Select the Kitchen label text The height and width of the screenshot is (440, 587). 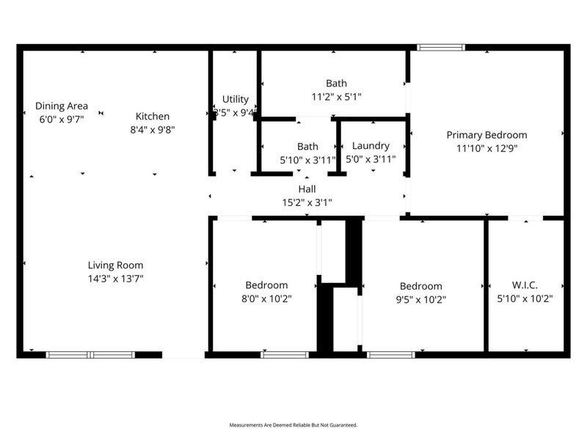coord(153,116)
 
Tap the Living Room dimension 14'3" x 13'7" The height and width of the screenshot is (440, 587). coord(115,279)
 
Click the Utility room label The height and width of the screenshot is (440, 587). coord(236,99)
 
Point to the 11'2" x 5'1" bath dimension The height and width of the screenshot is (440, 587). coord(337,96)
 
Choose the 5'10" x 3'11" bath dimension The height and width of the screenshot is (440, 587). coord(307,159)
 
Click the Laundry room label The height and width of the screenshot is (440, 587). coord(371,146)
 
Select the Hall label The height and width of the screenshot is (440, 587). coord(307,188)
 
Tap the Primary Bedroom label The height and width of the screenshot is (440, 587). coord(487,134)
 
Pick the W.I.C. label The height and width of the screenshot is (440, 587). coord(525,285)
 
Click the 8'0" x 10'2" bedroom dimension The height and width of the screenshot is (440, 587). coord(266,298)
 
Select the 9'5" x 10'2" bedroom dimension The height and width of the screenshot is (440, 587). coord(420,299)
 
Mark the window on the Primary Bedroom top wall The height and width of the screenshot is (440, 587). coord(441,48)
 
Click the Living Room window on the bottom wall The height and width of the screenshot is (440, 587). coord(90,355)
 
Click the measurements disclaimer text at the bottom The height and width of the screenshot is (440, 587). coord(293,425)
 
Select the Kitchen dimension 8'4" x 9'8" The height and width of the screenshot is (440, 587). coord(153,130)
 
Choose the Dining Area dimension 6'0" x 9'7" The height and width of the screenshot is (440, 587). coord(62,119)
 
